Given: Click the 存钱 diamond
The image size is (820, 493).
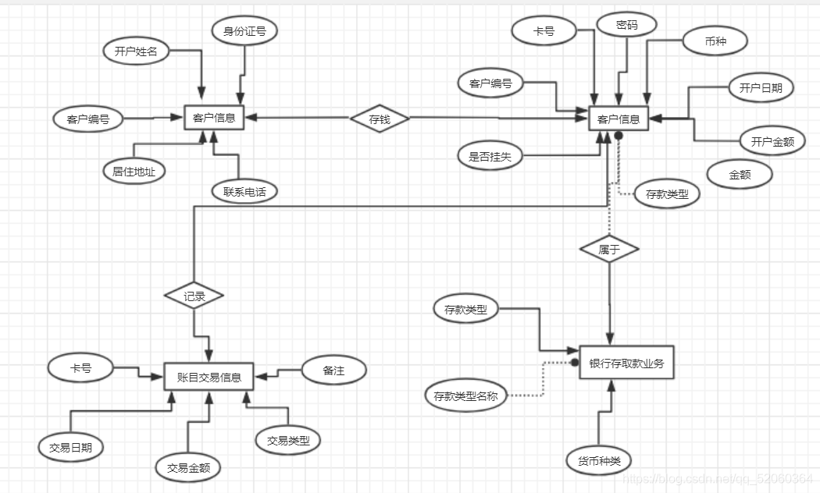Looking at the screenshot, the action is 380,119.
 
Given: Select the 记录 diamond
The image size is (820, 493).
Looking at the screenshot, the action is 194,296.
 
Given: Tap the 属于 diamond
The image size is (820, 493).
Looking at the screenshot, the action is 609,249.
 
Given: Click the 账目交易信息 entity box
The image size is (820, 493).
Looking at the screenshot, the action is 209,377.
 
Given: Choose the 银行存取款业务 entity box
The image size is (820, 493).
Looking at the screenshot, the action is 626,363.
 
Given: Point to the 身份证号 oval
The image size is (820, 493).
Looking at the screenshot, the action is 244,30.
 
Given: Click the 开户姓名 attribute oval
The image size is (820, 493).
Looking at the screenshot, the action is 136,51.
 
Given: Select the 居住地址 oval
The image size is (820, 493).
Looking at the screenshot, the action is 134,171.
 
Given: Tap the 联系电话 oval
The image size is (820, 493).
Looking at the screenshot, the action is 244,191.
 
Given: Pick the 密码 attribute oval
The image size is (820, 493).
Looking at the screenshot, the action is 626,24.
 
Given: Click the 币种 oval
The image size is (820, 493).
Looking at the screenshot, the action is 715,41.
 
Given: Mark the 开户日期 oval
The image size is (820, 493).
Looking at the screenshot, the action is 761,87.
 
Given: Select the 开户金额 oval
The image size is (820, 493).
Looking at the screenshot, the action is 772,141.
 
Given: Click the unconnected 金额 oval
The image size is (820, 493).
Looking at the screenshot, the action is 740,175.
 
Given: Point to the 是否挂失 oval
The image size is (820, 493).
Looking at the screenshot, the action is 490,156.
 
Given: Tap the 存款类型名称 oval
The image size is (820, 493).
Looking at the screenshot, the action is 465,395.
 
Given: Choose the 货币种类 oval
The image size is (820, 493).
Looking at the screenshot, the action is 599,460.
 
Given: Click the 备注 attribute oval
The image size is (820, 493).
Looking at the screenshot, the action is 334,370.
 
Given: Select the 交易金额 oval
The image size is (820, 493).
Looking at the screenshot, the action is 188,467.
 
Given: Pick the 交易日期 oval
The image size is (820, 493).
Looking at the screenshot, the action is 70,447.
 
